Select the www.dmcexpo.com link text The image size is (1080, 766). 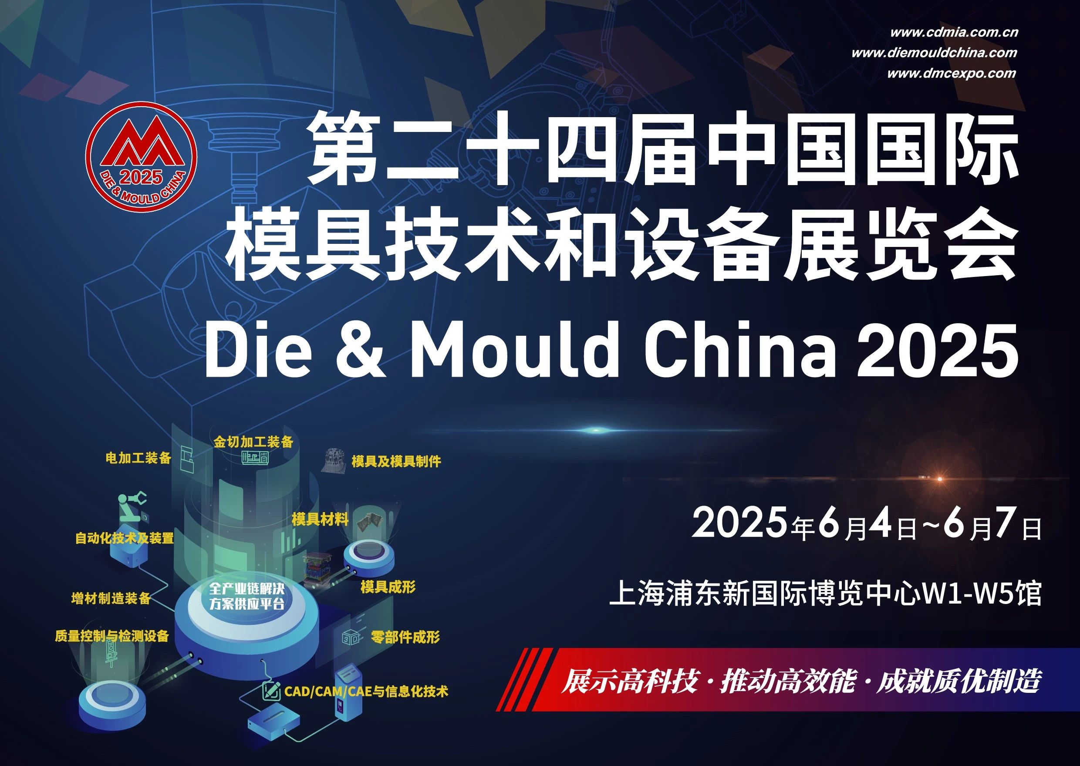[x=951, y=74]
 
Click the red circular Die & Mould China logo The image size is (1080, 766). [x=141, y=157]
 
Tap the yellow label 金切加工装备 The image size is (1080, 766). [x=253, y=442]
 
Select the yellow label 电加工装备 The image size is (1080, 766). [x=138, y=458]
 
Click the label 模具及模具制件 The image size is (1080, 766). [x=396, y=461]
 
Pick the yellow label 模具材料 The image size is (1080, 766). [x=320, y=520]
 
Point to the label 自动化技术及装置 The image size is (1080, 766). [x=125, y=538]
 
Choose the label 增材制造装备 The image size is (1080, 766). [x=111, y=598]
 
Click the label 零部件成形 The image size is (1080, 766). [x=405, y=637]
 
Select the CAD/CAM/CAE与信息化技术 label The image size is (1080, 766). [x=366, y=692]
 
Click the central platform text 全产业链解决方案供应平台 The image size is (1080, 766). [x=246, y=596]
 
